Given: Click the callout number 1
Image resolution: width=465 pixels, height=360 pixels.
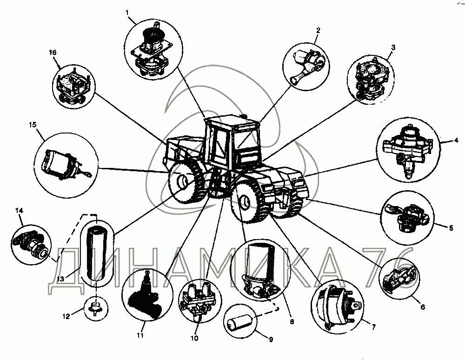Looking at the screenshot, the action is (x=127, y=13).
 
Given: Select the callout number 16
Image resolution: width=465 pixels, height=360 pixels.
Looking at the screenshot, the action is (x=53, y=53).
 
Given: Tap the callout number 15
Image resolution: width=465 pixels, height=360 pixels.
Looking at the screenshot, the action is (x=33, y=125).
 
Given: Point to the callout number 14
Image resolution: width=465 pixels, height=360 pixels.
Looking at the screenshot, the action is (x=19, y=211).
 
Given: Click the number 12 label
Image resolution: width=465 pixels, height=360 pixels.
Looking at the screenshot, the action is (x=66, y=316).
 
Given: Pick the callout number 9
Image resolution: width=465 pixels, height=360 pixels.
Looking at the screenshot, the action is (x=271, y=340).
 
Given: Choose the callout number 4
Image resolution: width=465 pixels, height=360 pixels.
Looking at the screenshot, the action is (x=457, y=140).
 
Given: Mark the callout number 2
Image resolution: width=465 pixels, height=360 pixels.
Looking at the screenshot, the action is (x=318, y=30).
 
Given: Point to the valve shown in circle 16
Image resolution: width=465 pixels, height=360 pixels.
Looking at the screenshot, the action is (x=73, y=87).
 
